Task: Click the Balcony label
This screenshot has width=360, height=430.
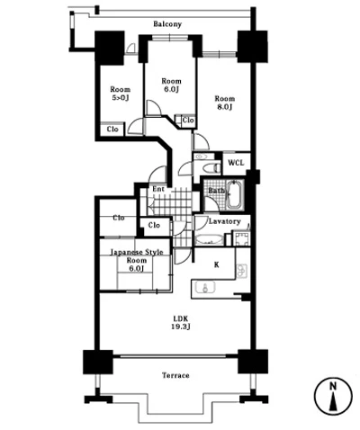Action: coord(167,24)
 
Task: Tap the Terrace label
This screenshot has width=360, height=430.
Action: coord(175,375)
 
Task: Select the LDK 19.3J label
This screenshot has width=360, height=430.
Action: coord(181,323)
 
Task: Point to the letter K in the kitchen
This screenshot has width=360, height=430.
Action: coord(217,264)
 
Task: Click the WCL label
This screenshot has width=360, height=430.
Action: coord(236,163)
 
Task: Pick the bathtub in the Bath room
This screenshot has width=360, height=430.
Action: coord(235,194)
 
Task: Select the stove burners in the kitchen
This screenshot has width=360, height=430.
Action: coord(242,271)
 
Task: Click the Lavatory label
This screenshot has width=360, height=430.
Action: coord(225,221)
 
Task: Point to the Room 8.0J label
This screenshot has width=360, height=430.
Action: coord(224,103)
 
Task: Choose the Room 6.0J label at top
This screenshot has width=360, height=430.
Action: coord(171,85)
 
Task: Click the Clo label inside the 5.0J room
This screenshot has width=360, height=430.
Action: coord(112,130)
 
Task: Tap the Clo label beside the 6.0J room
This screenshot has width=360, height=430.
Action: coord(188,120)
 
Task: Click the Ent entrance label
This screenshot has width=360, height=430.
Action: coord(158,189)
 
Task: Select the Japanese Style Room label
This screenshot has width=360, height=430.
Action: coord(137,260)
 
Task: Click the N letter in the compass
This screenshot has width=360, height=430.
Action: coord(333,387)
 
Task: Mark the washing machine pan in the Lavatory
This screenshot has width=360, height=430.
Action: coord(241,239)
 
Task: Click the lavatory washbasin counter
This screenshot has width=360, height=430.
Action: coord(209,240)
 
